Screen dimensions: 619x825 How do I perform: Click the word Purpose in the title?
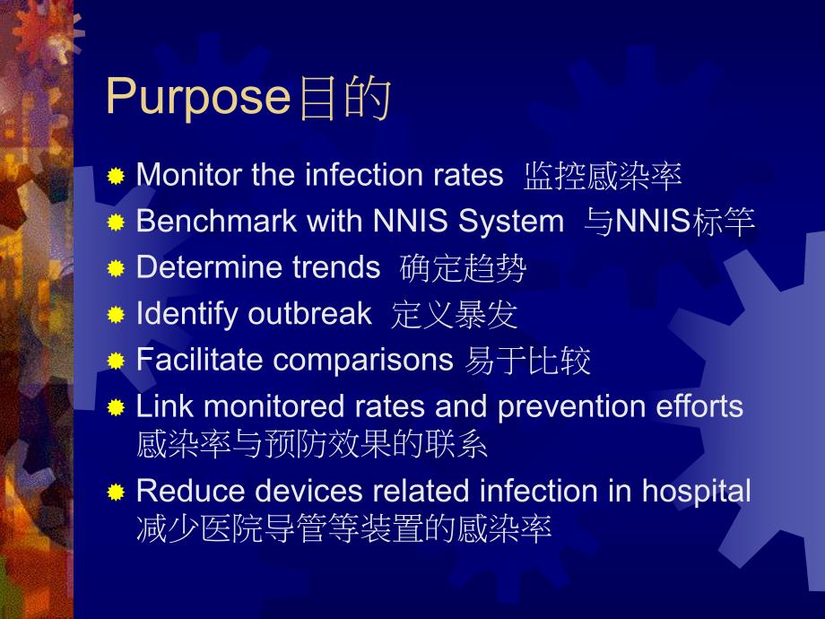(198, 97)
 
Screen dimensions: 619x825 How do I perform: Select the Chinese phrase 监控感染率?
(603, 177)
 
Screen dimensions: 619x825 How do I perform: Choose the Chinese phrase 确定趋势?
(463, 268)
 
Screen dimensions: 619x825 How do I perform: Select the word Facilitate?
(199, 360)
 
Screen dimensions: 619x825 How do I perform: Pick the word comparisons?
(363, 360)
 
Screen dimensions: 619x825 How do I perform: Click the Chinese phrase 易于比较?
(528, 361)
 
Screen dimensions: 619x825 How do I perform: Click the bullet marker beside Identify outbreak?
(116, 315)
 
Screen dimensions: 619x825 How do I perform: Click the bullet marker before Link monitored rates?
(116, 408)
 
